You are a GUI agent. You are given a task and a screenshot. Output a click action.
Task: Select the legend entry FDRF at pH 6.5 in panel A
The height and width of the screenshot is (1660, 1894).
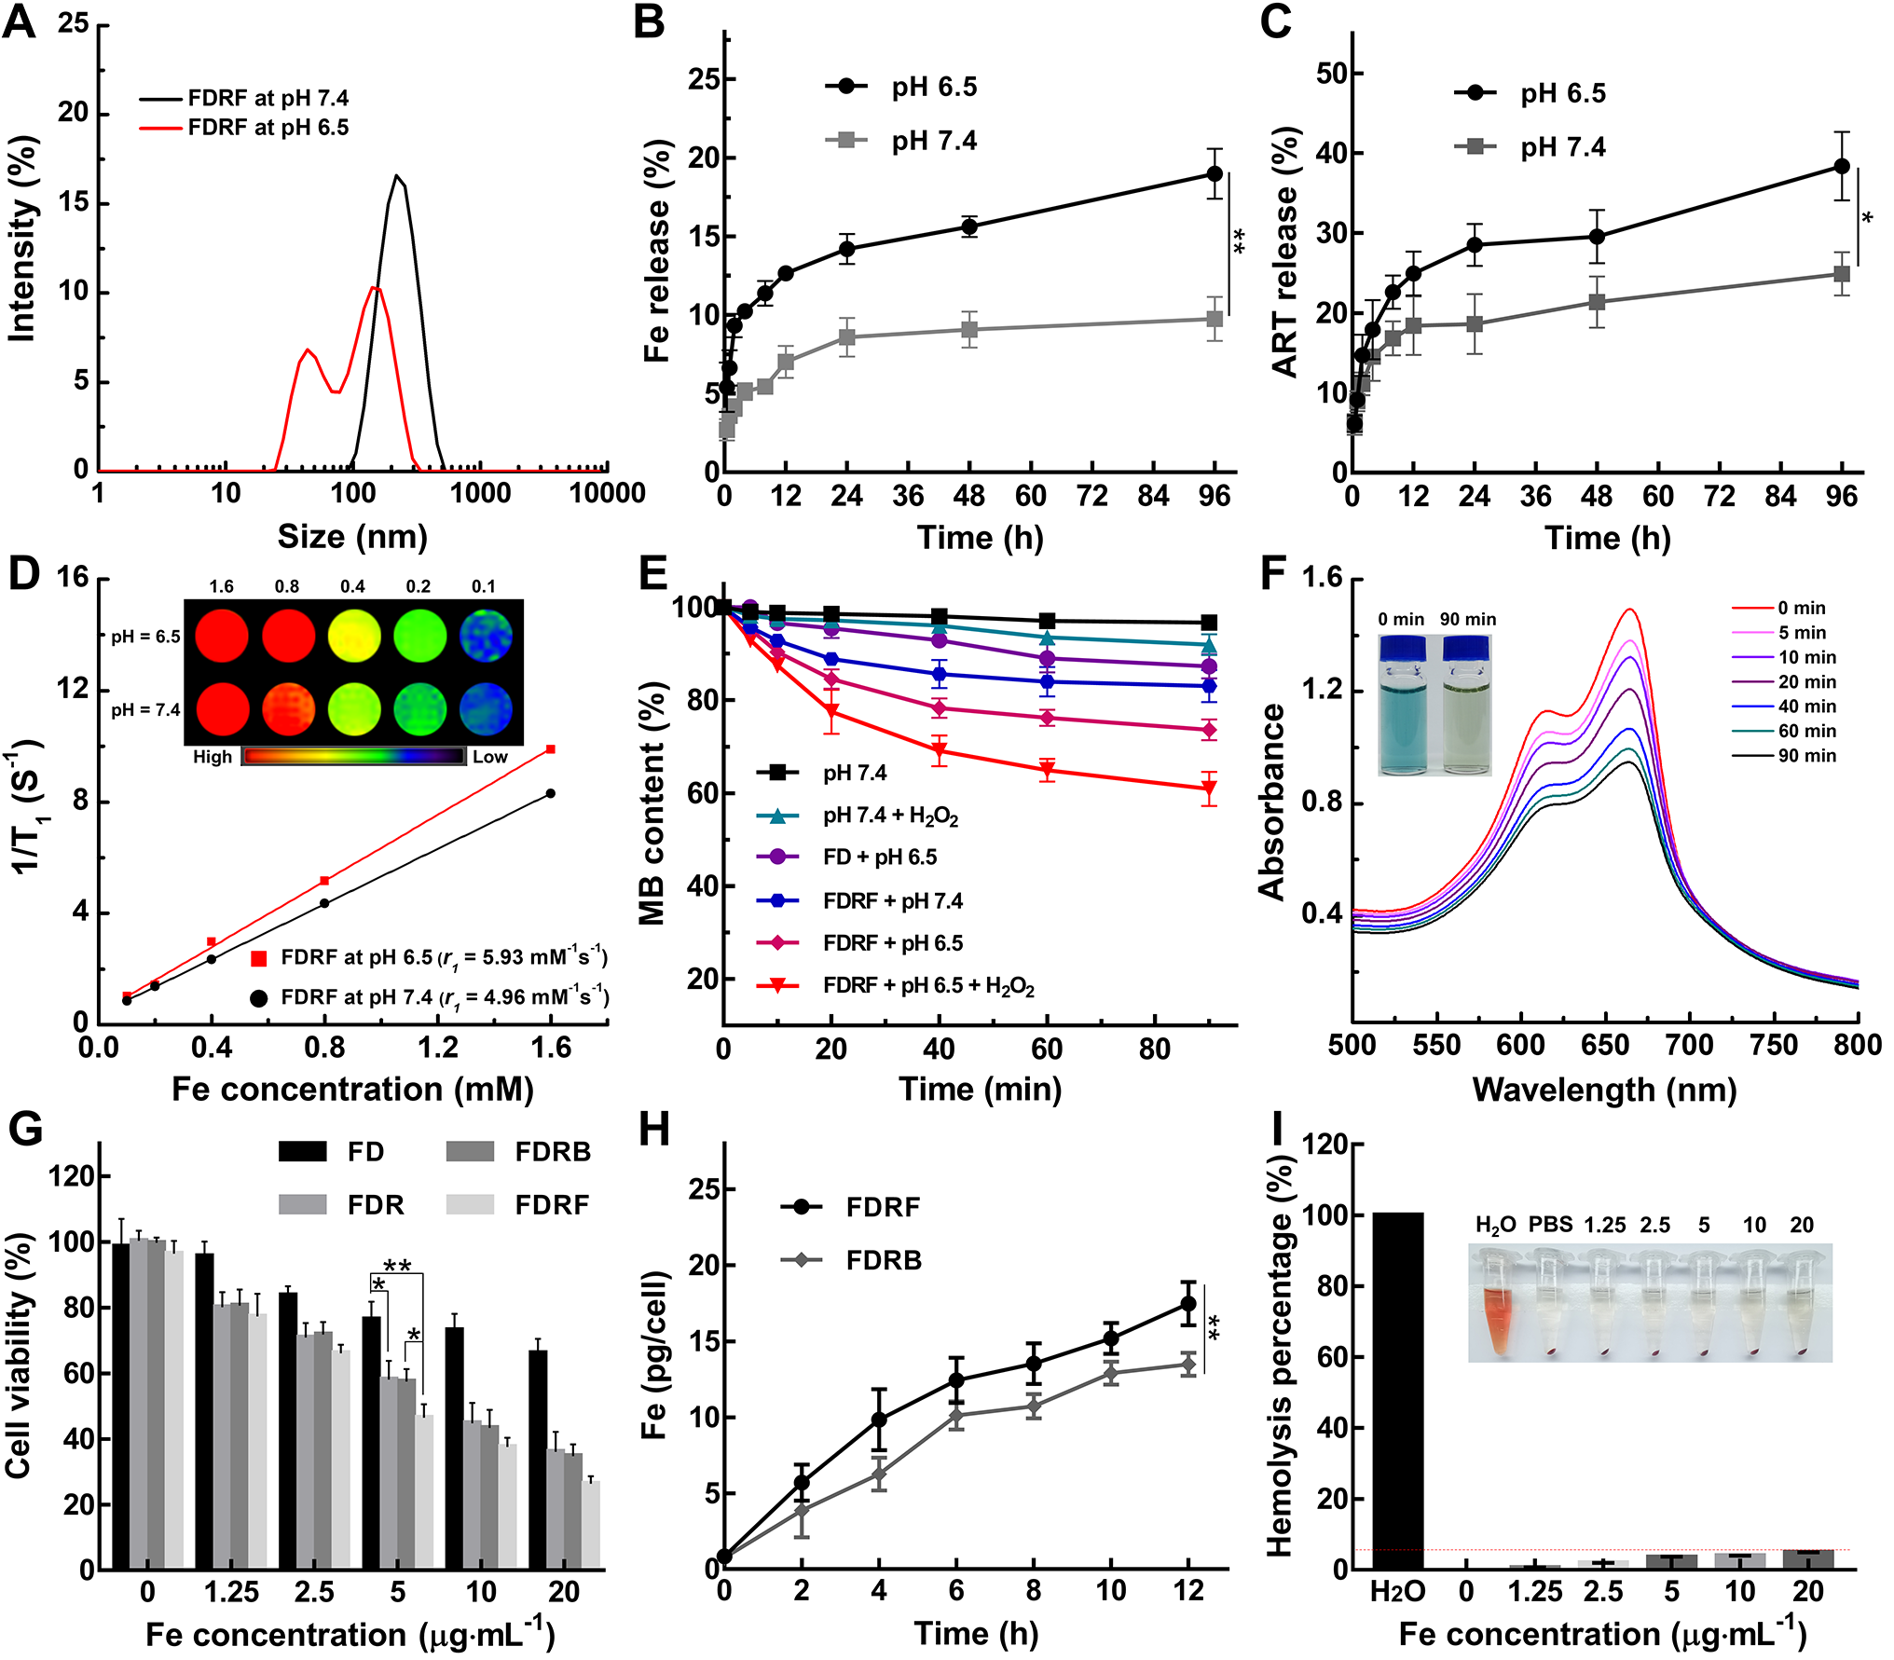coord(268,128)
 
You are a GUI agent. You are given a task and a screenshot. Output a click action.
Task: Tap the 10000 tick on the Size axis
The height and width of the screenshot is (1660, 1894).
coord(607,493)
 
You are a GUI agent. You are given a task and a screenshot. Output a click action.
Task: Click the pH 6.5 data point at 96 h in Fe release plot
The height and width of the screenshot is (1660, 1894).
coord(1214,174)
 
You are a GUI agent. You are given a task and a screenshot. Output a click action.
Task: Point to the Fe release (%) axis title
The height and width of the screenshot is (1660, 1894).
coord(657,252)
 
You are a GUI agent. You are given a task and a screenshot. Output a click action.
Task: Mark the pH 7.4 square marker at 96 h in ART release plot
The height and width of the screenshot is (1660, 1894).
coord(1841,274)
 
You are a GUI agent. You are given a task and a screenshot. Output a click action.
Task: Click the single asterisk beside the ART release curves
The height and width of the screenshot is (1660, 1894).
coord(1867,219)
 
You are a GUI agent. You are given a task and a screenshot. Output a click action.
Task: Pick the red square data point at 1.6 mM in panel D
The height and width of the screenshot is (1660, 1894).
coord(551,749)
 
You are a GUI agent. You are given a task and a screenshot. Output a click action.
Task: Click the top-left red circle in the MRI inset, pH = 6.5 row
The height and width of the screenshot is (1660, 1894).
coord(222,636)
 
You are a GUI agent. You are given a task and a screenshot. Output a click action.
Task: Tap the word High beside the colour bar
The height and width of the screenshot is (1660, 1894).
coord(213,757)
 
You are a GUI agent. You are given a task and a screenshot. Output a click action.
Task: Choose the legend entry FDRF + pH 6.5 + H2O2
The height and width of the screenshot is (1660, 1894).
coord(927,985)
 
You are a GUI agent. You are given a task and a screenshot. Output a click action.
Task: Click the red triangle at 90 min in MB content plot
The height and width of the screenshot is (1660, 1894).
coord(1209,789)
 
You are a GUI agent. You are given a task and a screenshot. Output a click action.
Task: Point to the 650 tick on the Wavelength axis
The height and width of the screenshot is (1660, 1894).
coord(1605,1046)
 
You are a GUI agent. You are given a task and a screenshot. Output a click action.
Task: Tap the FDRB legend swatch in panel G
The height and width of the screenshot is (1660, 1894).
coord(470,1152)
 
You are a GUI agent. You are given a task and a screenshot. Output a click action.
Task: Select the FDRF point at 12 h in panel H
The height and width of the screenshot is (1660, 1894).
coord(1187,1304)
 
